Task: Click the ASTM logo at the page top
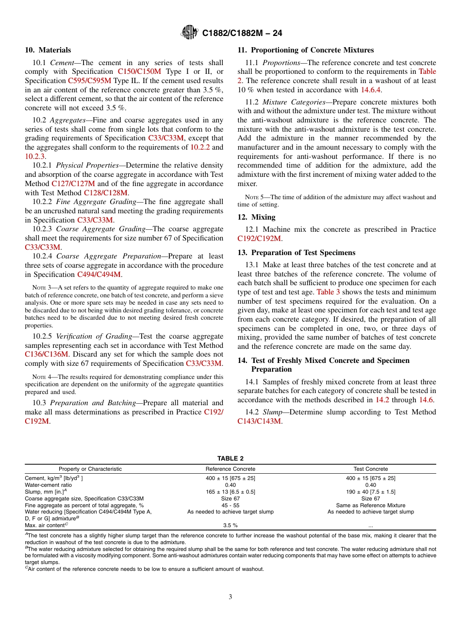189,33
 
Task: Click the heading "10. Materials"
48,50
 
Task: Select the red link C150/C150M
139,71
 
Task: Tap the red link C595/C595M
89,81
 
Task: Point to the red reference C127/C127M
73,184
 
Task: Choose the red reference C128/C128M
105,193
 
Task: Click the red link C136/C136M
47,354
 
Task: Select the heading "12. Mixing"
256,217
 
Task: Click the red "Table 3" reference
328,292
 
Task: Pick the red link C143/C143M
259,421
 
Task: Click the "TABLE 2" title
230,458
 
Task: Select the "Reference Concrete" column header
230,469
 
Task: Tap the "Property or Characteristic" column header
90,469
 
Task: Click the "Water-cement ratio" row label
49,485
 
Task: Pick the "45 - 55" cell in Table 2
230,505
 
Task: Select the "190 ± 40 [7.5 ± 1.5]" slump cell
371,492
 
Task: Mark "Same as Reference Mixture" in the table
371,505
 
